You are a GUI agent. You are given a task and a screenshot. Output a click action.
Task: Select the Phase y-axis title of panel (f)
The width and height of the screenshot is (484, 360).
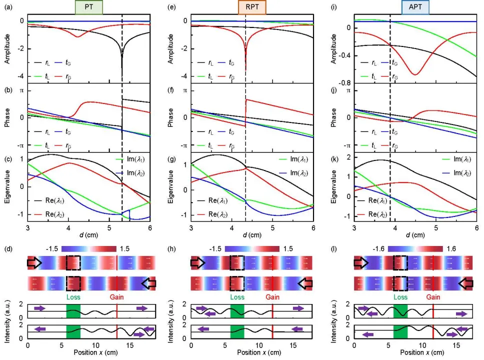[x=170, y=118]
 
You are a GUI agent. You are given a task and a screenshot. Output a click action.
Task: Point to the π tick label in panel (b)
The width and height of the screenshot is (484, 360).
[x=22, y=90]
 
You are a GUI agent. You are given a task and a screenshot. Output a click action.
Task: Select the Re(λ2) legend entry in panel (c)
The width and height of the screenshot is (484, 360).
[x=51, y=214]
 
